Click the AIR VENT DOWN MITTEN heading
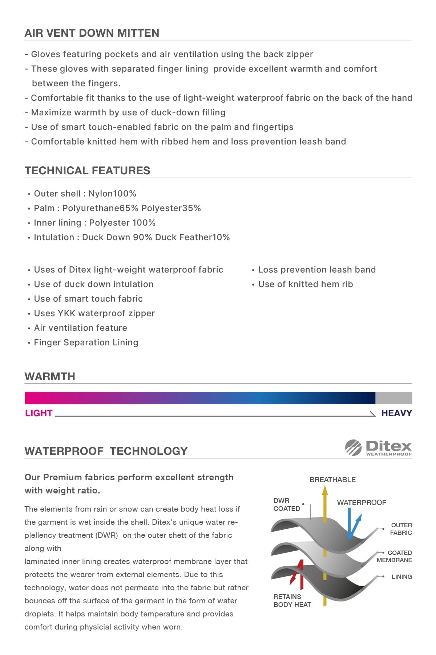pyautogui.click(x=92, y=33)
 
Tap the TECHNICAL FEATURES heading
pyautogui.click(x=87, y=171)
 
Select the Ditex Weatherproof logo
pyautogui.click(x=378, y=448)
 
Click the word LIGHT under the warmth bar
pyautogui.click(x=39, y=413)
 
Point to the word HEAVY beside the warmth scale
pyautogui.click(x=396, y=413)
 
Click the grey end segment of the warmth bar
pyautogui.click(x=393, y=398)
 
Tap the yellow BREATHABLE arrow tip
pyautogui.click(x=325, y=491)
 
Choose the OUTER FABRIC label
pyautogui.click(x=401, y=529)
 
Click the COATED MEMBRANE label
pyautogui.click(x=395, y=556)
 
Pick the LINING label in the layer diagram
pyautogui.click(x=401, y=577)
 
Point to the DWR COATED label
pyautogui.click(x=287, y=505)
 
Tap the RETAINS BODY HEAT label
pyautogui.click(x=292, y=601)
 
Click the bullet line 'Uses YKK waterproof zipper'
pyautogui.click(x=94, y=313)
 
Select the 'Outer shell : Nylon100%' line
pyautogui.click(x=85, y=194)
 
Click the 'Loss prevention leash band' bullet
pyautogui.click(x=317, y=270)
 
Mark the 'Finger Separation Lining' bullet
pyautogui.click(x=86, y=342)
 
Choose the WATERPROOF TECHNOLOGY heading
pyautogui.click(x=106, y=451)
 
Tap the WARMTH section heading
pyautogui.click(x=50, y=377)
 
